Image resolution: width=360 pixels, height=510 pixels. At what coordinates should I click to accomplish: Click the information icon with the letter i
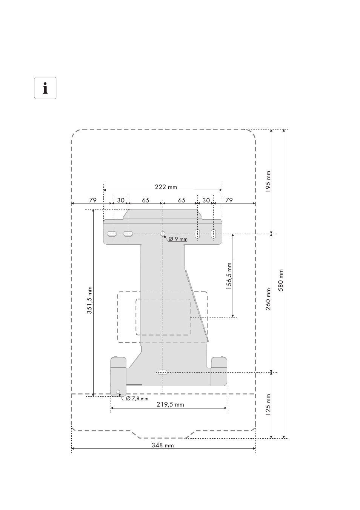point(45,88)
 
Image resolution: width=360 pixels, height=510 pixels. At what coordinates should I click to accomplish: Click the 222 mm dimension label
point(166,187)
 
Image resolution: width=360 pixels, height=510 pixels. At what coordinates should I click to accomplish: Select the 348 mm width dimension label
point(163,445)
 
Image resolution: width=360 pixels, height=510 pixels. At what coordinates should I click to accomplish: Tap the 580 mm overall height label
point(280,280)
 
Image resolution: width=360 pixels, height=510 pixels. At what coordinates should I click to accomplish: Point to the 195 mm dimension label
point(268,182)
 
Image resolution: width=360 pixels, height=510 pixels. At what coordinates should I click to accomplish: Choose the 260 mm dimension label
point(268,299)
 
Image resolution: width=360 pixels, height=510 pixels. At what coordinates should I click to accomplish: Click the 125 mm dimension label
point(268,405)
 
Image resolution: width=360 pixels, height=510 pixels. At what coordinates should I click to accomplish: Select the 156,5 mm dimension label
point(229,276)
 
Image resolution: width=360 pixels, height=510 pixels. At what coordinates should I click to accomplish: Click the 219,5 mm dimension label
point(170,405)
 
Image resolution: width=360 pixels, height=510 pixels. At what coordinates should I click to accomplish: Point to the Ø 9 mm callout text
point(178,239)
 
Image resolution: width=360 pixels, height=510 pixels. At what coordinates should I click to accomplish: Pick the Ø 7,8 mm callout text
point(137,398)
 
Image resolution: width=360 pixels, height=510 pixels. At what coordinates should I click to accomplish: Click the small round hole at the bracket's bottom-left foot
point(118,392)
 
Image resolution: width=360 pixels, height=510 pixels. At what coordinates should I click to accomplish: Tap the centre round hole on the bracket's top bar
point(163,234)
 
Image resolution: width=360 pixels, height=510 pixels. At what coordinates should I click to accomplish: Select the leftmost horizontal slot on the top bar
point(112,234)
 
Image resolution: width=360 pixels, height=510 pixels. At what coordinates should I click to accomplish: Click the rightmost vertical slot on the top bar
point(213,234)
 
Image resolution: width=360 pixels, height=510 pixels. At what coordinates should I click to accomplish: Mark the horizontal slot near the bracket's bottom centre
point(162,372)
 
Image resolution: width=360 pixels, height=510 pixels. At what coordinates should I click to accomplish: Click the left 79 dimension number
point(92,200)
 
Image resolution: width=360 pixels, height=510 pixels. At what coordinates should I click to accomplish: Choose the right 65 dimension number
point(182,200)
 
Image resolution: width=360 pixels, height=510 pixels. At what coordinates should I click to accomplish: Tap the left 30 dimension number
point(120,200)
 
